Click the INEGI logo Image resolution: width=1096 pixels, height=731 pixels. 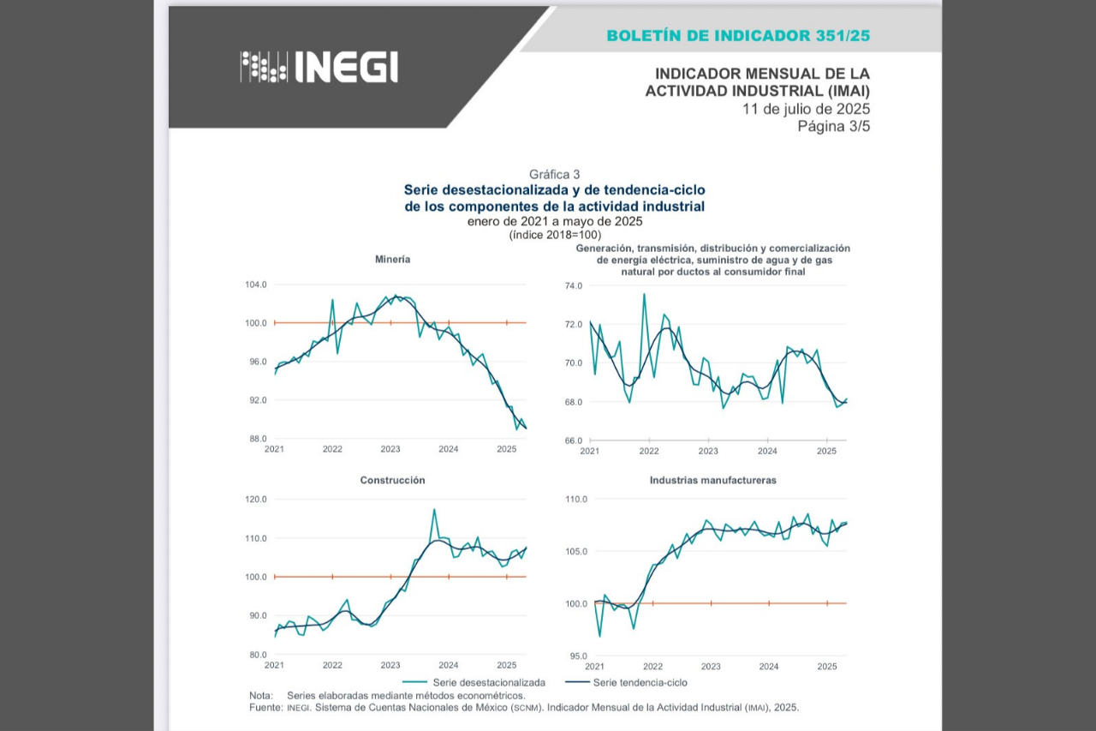coord(319,67)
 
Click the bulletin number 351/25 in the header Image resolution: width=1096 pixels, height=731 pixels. coord(843,36)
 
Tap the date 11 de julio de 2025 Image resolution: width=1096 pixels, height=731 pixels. coord(806,109)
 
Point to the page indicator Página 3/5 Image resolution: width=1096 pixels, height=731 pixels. coord(834,126)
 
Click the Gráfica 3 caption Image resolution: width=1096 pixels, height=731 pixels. coord(554,174)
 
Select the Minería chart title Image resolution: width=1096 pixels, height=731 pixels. coord(392,260)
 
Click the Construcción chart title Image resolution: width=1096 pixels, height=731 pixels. coord(392,480)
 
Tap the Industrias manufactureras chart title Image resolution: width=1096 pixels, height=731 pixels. coord(713,480)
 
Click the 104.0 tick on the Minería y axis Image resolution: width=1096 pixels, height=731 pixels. coord(256,285)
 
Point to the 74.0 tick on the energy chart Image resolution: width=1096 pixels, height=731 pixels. coord(574,286)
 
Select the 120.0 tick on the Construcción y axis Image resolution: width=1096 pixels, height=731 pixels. coord(256,500)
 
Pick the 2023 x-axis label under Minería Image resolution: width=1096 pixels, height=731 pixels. coord(390,449)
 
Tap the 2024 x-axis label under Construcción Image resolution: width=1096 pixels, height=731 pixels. coord(448,665)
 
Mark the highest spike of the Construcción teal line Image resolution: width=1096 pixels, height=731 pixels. coord(434,510)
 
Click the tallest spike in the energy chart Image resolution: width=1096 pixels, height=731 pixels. coord(644,294)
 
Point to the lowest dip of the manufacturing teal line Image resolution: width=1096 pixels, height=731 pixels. coord(600,636)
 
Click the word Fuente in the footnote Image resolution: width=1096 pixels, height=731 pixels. coord(265,708)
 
